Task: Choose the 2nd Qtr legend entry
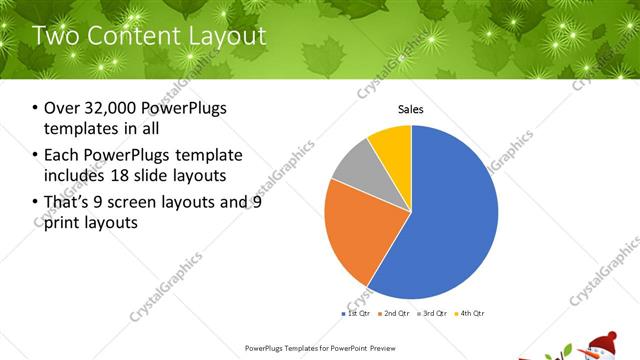click(397, 314)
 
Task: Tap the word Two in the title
click(54, 37)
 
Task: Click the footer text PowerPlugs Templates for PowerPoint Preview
click(319, 347)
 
